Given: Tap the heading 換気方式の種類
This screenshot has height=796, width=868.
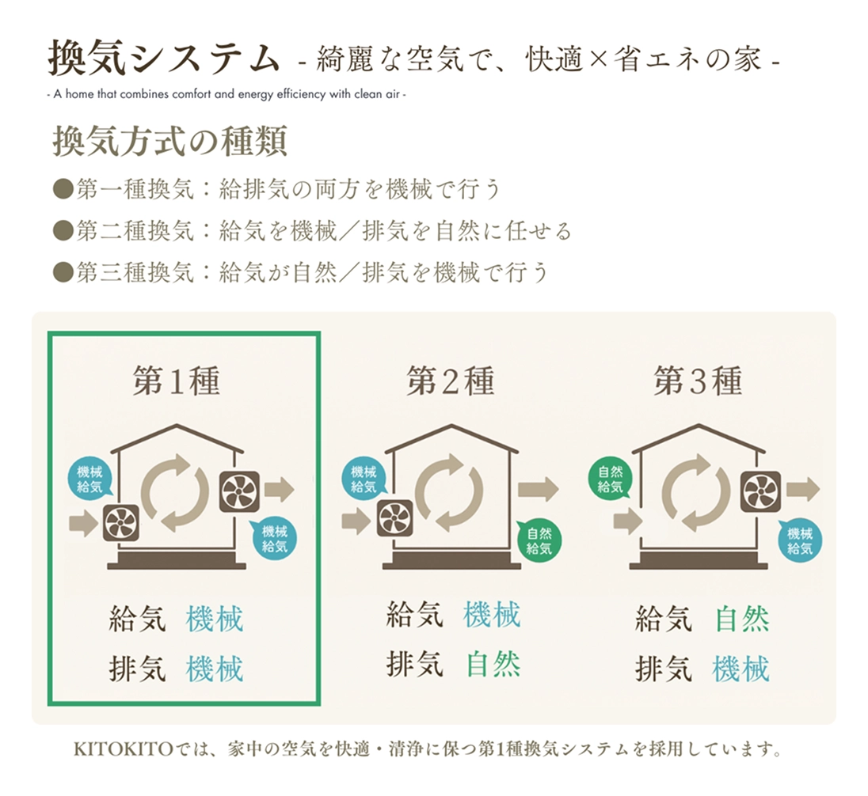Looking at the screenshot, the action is [x=169, y=142].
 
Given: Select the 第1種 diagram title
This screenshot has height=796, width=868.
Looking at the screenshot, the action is [x=176, y=382].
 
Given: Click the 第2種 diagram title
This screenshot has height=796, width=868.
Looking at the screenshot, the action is [x=450, y=382].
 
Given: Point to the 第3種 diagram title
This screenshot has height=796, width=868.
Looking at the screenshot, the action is [x=698, y=382].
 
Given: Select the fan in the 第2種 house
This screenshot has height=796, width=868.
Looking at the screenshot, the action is [x=394, y=520].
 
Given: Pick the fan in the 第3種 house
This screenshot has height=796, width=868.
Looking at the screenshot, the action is [x=760, y=491].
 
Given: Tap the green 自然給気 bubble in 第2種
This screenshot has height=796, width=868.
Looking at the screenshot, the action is [x=539, y=540].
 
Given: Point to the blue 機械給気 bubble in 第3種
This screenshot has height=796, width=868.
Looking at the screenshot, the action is [x=799, y=541].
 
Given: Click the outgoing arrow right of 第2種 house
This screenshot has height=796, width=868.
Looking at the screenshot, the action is [x=538, y=490].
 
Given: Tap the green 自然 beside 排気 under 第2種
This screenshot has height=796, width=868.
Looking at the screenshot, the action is [x=493, y=664].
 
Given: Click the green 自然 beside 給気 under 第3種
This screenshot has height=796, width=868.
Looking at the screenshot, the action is [x=742, y=620].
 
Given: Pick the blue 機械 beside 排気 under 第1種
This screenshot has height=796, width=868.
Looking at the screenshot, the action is [x=215, y=669].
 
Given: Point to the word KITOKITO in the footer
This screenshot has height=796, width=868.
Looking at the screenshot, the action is [x=122, y=749].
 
